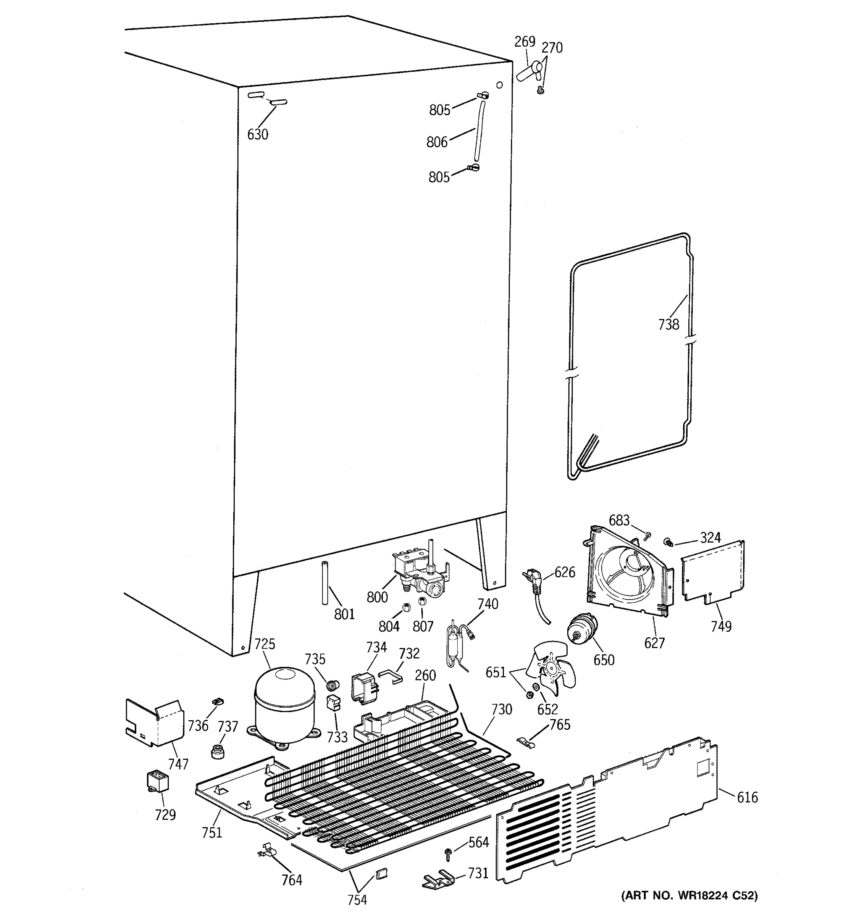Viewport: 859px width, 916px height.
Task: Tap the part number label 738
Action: click(668, 325)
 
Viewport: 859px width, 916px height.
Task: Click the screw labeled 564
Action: click(447, 854)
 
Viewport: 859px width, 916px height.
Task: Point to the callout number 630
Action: click(258, 135)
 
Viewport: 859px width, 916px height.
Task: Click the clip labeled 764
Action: click(266, 851)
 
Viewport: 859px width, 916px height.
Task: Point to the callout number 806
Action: click(436, 142)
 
